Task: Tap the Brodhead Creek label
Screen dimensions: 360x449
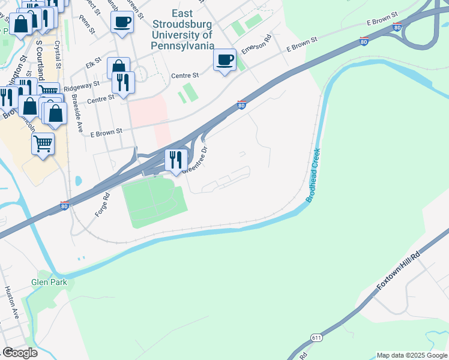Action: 315,175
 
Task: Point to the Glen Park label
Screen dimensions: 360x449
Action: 50,282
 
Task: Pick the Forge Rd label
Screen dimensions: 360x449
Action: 102,204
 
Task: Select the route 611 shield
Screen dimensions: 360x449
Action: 316,338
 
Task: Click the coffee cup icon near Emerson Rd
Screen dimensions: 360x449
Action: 224,59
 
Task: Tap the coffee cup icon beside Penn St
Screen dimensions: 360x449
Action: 122,22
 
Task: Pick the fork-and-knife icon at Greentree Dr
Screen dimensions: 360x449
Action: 175,160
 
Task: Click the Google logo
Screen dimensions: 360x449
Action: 20,353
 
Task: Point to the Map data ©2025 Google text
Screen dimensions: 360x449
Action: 412,355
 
